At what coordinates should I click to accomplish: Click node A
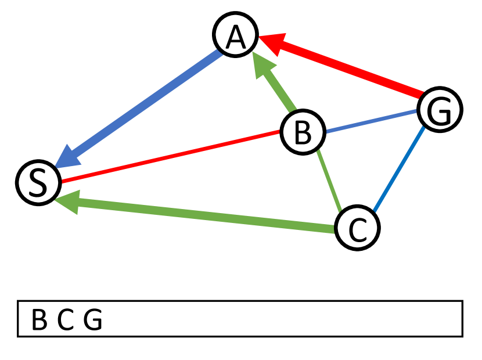(235, 36)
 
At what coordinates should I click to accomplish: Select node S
(38, 182)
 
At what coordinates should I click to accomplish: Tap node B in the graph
(302, 132)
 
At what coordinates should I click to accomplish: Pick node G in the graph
(440, 110)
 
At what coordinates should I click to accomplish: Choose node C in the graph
(358, 228)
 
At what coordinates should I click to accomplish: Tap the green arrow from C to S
(203, 214)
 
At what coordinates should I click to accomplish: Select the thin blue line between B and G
(372, 121)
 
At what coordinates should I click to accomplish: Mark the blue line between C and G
(400, 168)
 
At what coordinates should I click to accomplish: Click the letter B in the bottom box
(39, 320)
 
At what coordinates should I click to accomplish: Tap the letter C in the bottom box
(66, 320)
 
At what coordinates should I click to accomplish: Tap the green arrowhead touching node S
(67, 201)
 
